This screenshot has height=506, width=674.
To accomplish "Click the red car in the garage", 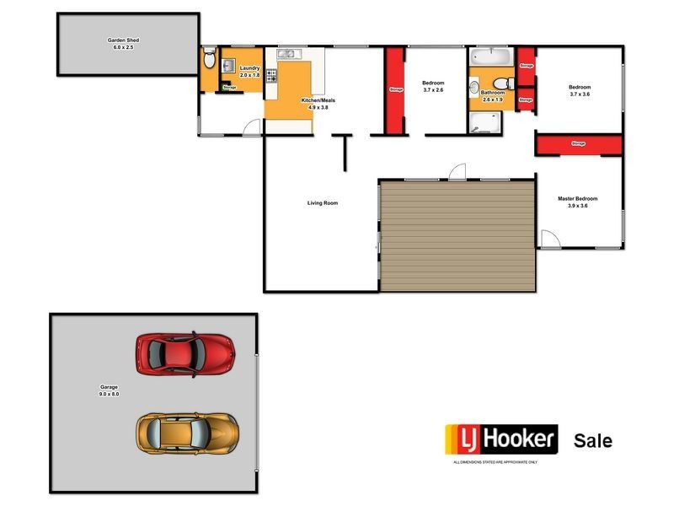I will pyautogui.click(x=185, y=353).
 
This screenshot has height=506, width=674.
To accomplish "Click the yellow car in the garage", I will pyautogui.click(x=185, y=432).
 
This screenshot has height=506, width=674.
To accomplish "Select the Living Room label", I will pyautogui.click(x=322, y=202).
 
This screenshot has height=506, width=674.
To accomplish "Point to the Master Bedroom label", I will pyautogui.click(x=578, y=199).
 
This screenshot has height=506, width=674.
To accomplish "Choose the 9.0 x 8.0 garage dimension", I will pyautogui.click(x=110, y=394).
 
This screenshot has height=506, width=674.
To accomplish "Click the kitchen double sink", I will pyautogui.click(x=287, y=55).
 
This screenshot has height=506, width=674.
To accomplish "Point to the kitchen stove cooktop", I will pyautogui.click(x=271, y=77).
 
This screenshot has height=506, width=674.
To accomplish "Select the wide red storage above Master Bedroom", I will pyautogui.click(x=578, y=144).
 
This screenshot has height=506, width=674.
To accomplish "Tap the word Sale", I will pyautogui.click(x=593, y=440).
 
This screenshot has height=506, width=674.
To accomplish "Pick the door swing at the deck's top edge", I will pyautogui.click(x=456, y=171).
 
